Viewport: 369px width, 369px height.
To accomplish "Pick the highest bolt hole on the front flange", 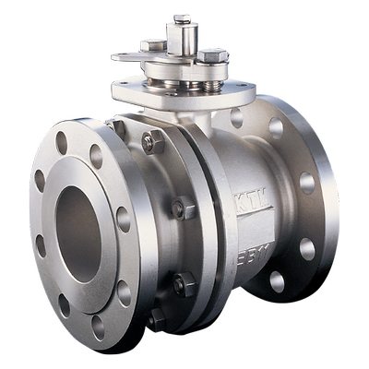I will pos(62,142).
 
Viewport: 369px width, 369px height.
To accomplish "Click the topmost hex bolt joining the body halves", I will pos(151,142).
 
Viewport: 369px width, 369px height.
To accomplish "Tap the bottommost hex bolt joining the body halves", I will pos(158,319).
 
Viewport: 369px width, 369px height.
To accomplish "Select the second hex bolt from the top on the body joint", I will pos(184,208).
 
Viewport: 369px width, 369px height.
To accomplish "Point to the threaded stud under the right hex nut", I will pos(213,77).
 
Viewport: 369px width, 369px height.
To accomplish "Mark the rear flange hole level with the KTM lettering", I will pos(306,183).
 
